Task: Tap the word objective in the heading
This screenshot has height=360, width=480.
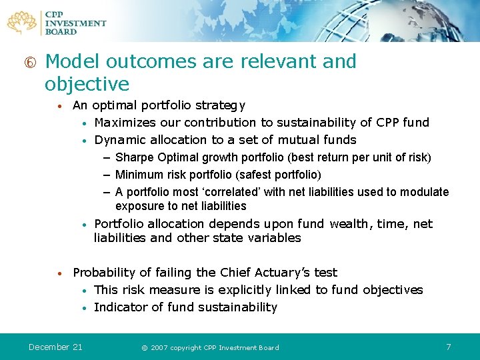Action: pos(87,84)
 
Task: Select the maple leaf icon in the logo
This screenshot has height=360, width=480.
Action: pos(23,22)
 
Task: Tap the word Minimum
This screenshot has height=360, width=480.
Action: pos(138,175)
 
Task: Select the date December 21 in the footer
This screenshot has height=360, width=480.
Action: pos(55,347)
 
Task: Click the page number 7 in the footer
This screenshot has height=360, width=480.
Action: pos(449,347)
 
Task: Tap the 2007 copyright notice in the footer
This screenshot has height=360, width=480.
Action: pos(210,347)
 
